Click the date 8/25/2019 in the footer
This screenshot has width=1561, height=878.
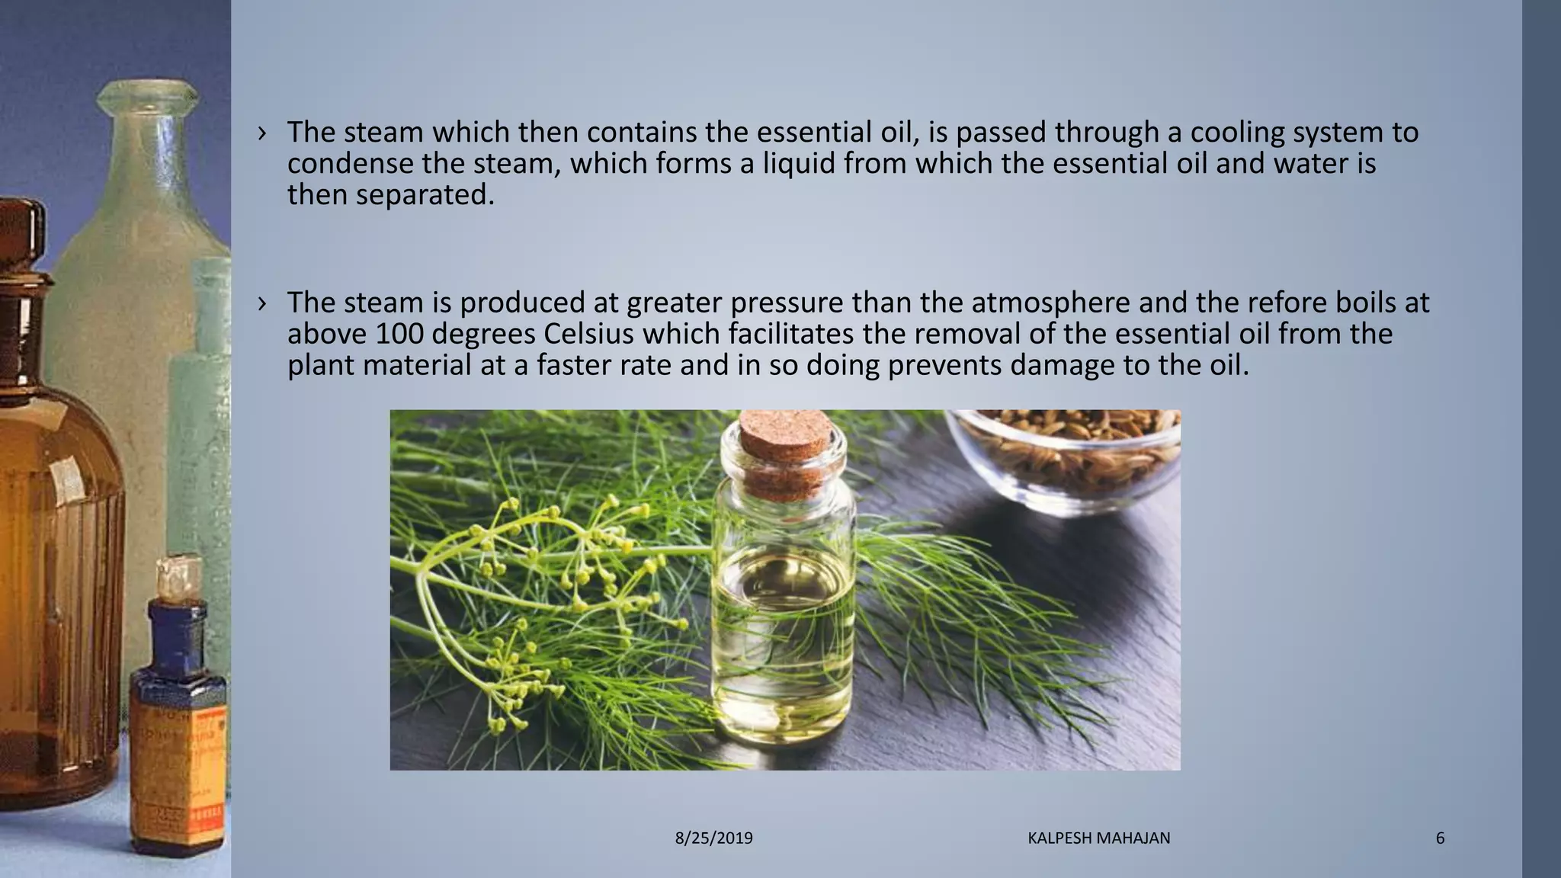713,838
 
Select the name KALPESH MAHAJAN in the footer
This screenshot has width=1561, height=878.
1098,838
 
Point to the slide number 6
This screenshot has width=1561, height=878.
1440,838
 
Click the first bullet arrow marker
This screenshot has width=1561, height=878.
262,133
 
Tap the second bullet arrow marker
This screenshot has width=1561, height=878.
262,303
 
